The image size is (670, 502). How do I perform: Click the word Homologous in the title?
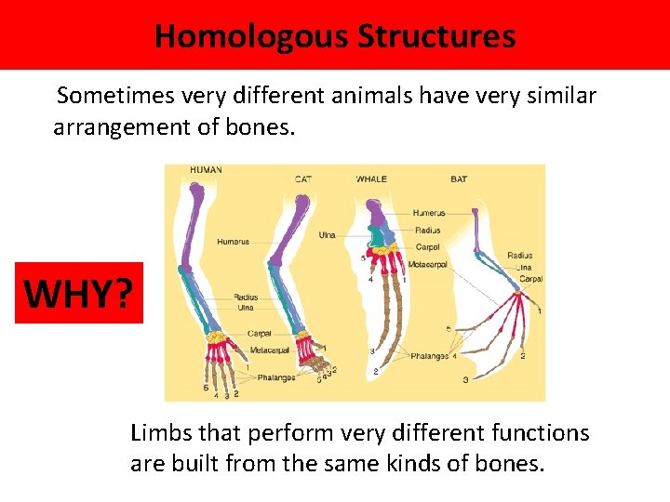tap(251, 36)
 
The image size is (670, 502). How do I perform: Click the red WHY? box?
tap(79, 293)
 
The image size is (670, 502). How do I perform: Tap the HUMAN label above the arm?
tap(206, 170)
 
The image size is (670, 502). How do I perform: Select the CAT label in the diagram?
tap(303, 178)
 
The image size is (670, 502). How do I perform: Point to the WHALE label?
tap(372, 178)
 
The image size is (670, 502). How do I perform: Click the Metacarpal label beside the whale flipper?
tap(429, 265)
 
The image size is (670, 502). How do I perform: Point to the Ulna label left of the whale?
tap(327, 235)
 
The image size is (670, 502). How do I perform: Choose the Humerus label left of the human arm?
tap(234, 242)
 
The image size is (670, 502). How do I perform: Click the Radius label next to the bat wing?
tap(520, 255)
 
